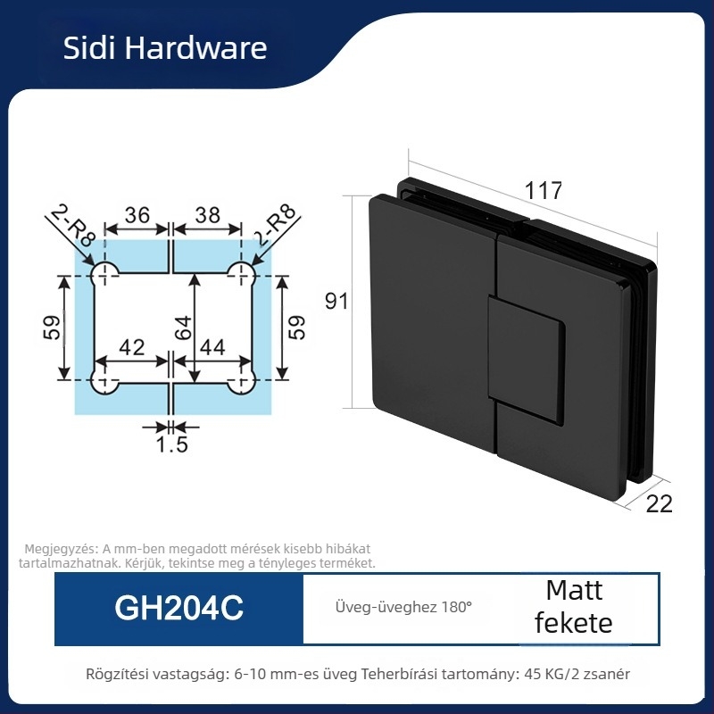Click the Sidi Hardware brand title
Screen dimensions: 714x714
click(165, 48)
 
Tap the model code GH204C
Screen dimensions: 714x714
click(179, 608)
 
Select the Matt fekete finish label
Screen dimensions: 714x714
click(574, 607)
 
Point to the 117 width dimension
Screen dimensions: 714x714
click(544, 190)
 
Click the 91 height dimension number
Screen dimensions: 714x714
click(336, 301)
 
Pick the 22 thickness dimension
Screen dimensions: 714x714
click(659, 504)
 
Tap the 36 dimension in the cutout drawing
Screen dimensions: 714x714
click(137, 215)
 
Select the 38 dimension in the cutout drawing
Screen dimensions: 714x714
click(207, 215)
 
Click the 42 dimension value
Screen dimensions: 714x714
click(131, 347)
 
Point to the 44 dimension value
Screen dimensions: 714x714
click(212, 347)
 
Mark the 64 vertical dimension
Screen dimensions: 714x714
click(184, 328)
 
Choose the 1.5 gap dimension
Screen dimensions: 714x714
click(171, 444)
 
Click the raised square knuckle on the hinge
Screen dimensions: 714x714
click(526, 359)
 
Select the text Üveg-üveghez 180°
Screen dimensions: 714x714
click(403, 607)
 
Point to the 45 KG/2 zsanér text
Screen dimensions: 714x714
click(577, 674)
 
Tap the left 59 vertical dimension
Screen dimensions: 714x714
click(52, 328)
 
